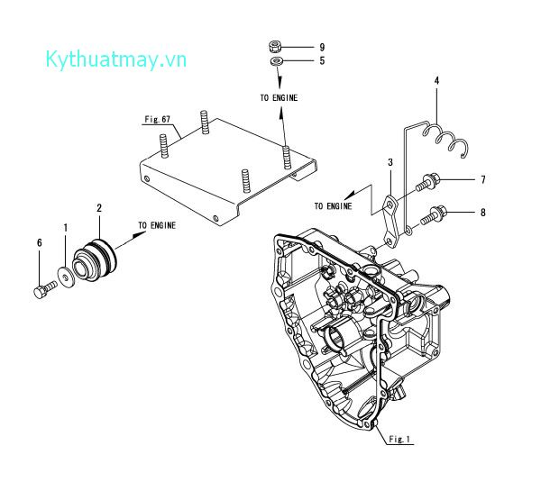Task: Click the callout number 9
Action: (x=296, y=46)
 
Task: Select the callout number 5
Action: (x=296, y=61)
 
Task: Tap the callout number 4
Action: (x=436, y=81)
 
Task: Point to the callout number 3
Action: (x=390, y=162)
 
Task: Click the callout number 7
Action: (x=482, y=180)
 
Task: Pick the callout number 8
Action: (x=482, y=214)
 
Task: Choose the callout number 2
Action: (x=99, y=208)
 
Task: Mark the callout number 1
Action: (x=64, y=229)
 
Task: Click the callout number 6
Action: (x=40, y=242)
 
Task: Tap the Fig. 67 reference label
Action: (x=158, y=119)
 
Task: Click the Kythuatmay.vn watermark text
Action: (x=116, y=59)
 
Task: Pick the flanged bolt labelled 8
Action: (x=431, y=214)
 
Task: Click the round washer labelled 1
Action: (x=65, y=274)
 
